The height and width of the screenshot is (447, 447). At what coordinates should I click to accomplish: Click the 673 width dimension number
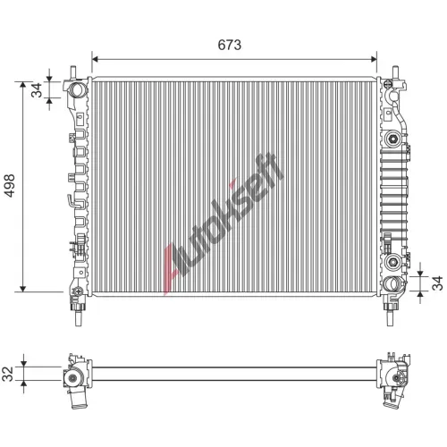(229, 45)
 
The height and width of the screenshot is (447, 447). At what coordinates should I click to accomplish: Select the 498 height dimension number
(9, 185)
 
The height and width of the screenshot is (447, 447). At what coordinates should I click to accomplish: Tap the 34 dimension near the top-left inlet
(38, 90)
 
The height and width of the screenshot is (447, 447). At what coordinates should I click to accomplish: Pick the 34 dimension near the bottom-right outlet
(437, 283)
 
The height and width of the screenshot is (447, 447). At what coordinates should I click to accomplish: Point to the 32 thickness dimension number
(9, 374)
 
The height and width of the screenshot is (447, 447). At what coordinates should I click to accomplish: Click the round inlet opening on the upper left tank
(77, 89)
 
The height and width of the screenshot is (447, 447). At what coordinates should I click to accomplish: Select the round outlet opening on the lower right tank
(392, 283)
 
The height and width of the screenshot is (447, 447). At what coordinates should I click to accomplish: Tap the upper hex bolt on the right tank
(393, 138)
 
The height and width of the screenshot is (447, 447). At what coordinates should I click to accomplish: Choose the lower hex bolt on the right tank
(392, 262)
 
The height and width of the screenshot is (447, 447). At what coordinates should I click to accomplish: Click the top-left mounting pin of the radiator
(72, 72)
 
